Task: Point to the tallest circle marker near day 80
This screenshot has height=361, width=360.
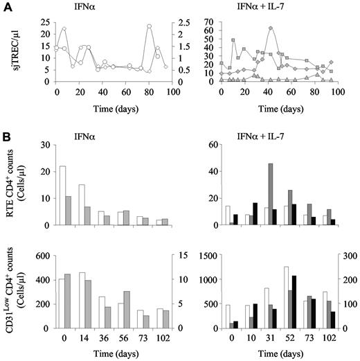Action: click(149, 26)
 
